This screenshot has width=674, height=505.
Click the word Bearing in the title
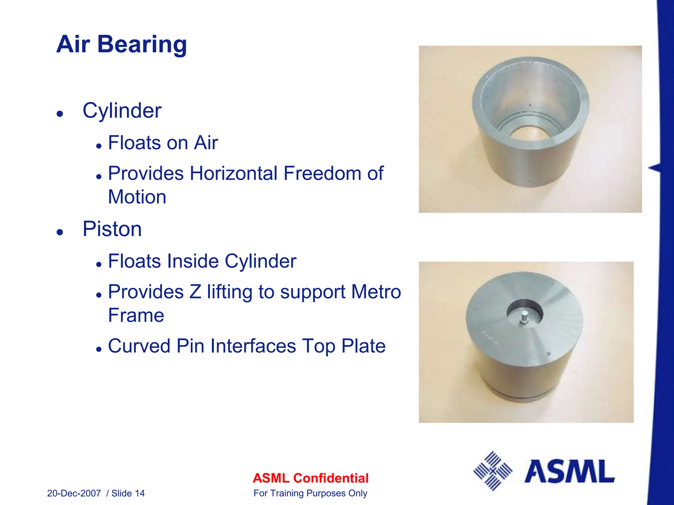142,44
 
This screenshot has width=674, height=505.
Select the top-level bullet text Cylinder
122,111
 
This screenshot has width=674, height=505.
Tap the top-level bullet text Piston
112,229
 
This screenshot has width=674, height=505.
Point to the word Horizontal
233,173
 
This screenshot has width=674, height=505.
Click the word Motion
137,197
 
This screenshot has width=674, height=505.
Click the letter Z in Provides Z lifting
195,292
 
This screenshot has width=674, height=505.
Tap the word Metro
376,292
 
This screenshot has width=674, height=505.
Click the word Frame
136,316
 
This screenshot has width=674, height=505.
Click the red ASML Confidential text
310,478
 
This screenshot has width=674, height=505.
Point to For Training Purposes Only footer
310,493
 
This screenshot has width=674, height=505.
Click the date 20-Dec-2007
74,493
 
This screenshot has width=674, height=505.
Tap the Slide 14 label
128,493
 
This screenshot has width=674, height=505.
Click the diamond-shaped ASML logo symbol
493,471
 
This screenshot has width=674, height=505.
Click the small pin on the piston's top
524,318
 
